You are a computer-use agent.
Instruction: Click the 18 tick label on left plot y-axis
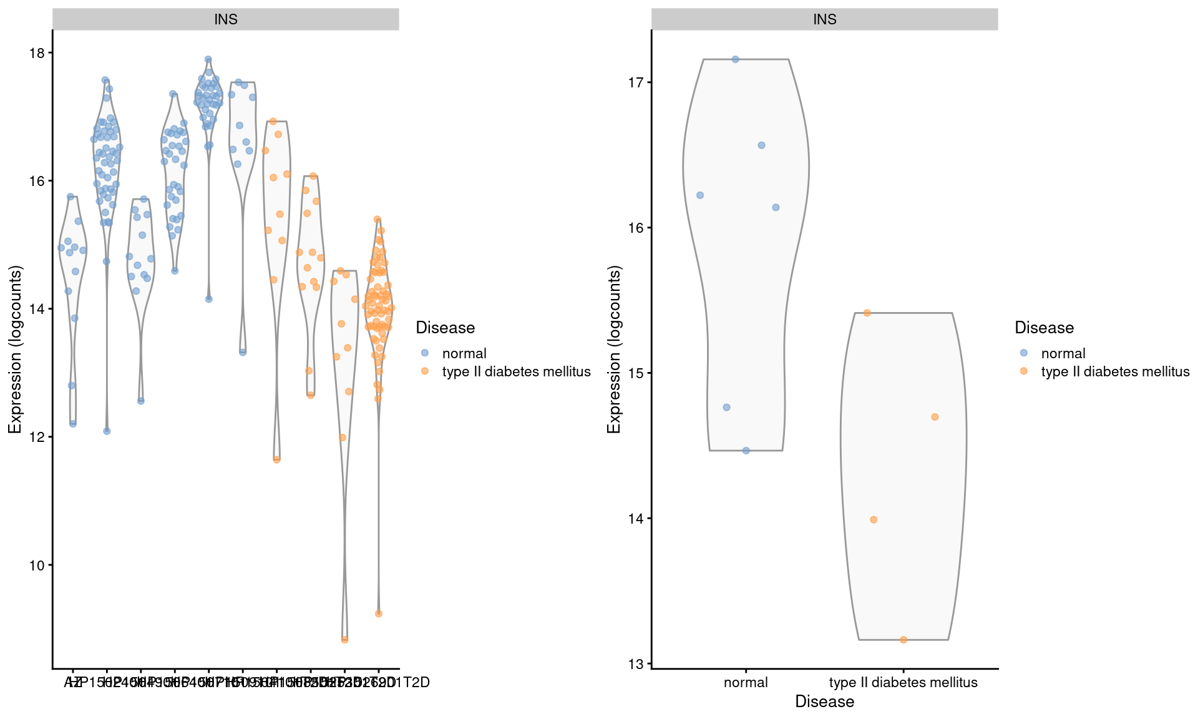37,53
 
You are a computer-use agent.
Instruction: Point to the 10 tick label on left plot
37,565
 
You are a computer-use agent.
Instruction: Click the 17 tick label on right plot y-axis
636,82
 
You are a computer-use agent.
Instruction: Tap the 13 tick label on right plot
636,664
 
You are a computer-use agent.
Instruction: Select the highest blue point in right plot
735,59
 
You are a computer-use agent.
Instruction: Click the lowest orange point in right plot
903,640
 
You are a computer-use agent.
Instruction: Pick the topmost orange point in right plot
867,313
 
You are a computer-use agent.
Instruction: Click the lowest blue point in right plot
746,451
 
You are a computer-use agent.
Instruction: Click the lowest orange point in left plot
344,640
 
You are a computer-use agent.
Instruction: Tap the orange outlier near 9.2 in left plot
378,614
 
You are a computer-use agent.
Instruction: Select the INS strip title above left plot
225,19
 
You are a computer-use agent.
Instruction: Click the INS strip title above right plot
824,19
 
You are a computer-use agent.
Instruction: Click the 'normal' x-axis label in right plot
746,683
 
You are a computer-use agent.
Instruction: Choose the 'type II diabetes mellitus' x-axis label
903,683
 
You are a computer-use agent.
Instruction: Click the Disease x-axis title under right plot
824,702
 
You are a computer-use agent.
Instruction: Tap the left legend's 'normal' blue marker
425,353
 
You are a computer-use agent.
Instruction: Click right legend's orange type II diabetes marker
1024,371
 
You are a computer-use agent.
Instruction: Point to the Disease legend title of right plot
1044,328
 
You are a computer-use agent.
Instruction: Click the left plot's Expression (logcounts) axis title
15,350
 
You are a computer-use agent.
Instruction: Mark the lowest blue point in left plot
107,431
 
